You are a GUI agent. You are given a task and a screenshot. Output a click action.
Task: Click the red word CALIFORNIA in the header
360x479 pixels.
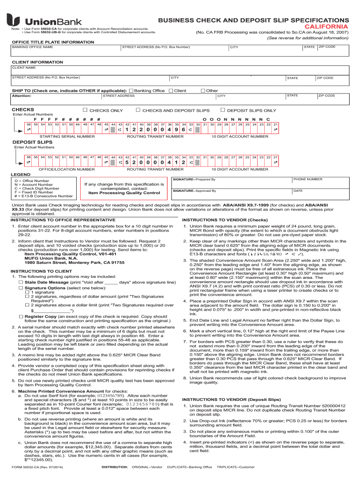click(329, 27)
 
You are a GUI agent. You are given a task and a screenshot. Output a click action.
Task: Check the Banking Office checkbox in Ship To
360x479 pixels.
click(131, 90)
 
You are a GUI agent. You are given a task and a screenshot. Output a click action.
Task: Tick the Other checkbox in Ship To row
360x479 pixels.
click(202, 90)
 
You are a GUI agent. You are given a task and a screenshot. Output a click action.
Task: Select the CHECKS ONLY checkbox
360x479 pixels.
click(85, 110)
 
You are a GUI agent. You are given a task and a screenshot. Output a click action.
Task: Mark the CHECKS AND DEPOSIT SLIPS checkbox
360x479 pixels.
click(138, 110)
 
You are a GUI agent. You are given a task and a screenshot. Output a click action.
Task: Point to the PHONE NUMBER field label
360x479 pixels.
click(308, 179)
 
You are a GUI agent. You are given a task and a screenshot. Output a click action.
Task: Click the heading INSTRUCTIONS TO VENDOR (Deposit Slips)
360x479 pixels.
click(232, 399)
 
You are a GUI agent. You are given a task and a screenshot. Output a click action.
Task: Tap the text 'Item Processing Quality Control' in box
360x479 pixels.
click(124, 193)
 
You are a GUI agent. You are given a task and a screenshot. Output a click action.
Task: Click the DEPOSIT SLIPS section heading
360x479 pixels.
click(26, 141)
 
